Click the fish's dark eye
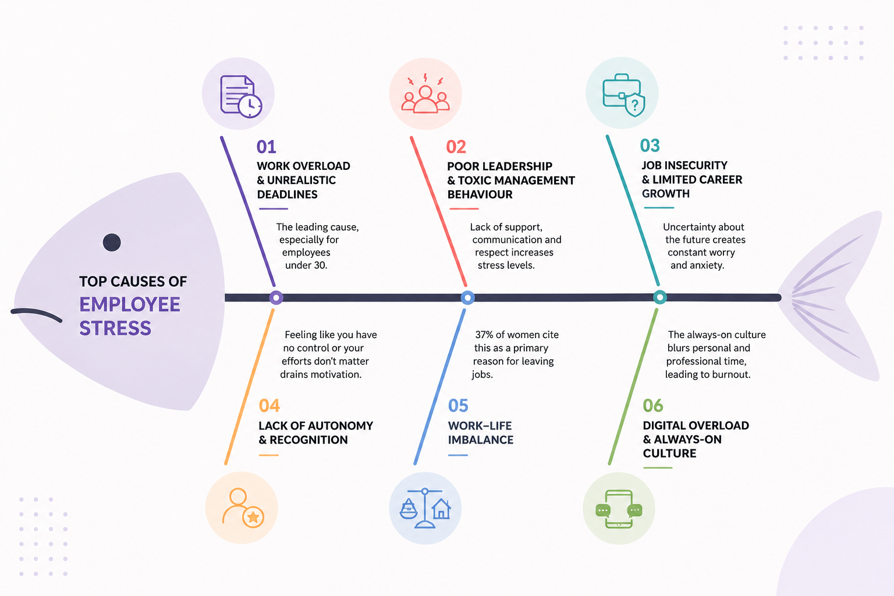click(x=112, y=242)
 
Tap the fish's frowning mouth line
click(x=36, y=313)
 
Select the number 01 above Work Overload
click(x=266, y=147)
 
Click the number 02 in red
click(x=456, y=147)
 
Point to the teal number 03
click(x=650, y=146)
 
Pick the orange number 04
click(x=269, y=406)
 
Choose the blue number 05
click(x=458, y=406)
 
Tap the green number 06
click(x=653, y=406)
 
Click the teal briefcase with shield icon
click(x=623, y=95)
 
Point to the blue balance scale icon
click(x=425, y=508)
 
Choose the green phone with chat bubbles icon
click(x=619, y=509)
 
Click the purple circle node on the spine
click(x=276, y=297)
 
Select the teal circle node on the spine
click(x=660, y=297)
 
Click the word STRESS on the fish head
click(x=115, y=328)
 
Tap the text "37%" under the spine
click(x=484, y=335)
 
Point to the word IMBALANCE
click(x=481, y=440)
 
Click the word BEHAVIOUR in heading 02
click(x=480, y=194)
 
